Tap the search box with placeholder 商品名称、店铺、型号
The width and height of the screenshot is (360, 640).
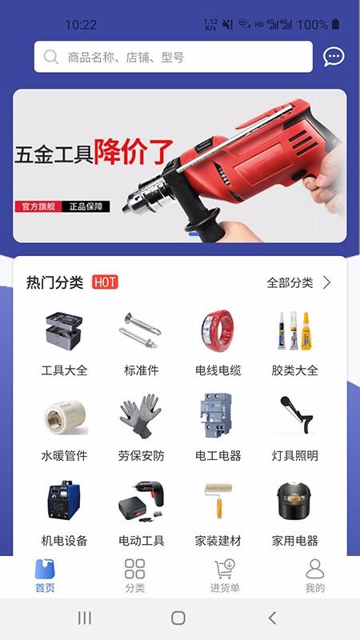tap(173, 57)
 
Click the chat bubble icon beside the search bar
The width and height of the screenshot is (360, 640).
tap(334, 57)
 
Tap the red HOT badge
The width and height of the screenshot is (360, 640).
tap(105, 282)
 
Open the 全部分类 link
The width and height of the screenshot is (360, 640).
tap(298, 282)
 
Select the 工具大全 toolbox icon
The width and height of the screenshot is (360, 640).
tap(64, 331)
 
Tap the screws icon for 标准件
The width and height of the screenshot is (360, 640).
tap(141, 330)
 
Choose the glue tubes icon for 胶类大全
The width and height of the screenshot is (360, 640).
tap(294, 330)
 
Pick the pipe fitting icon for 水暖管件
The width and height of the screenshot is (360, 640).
tap(66, 417)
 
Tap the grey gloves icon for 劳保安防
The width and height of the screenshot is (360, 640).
tap(141, 416)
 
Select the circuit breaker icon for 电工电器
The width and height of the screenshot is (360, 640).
tap(217, 415)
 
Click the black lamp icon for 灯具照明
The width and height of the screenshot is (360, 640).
tap(296, 414)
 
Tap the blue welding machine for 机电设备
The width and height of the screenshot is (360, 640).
tap(64, 500)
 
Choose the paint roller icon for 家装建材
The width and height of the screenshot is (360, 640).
tap(218, 501)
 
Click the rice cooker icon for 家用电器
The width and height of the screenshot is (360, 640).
tap(294, 501)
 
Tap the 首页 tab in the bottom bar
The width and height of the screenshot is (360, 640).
tap(45, 576)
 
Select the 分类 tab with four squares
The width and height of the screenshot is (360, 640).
tap(134, 576)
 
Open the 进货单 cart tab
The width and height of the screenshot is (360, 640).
tap(225, 576)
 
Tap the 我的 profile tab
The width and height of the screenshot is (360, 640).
tap(314, 576)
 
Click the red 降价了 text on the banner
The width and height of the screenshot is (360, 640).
tap(134, 152)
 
